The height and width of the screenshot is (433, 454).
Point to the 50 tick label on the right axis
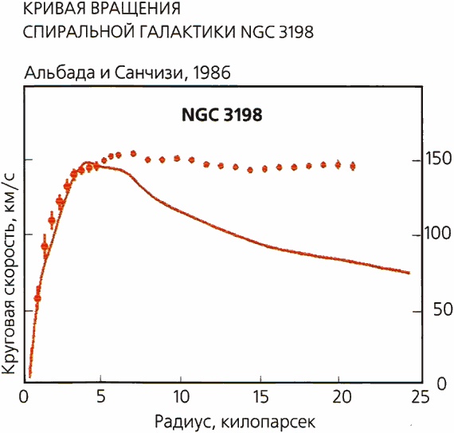pos(431,309)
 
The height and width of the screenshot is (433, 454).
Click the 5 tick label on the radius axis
pos(100,396)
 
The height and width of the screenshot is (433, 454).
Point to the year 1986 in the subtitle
pos(209,73)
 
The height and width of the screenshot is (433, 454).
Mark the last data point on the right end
pos(352,166)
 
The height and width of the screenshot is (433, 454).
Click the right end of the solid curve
pos(409,273)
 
